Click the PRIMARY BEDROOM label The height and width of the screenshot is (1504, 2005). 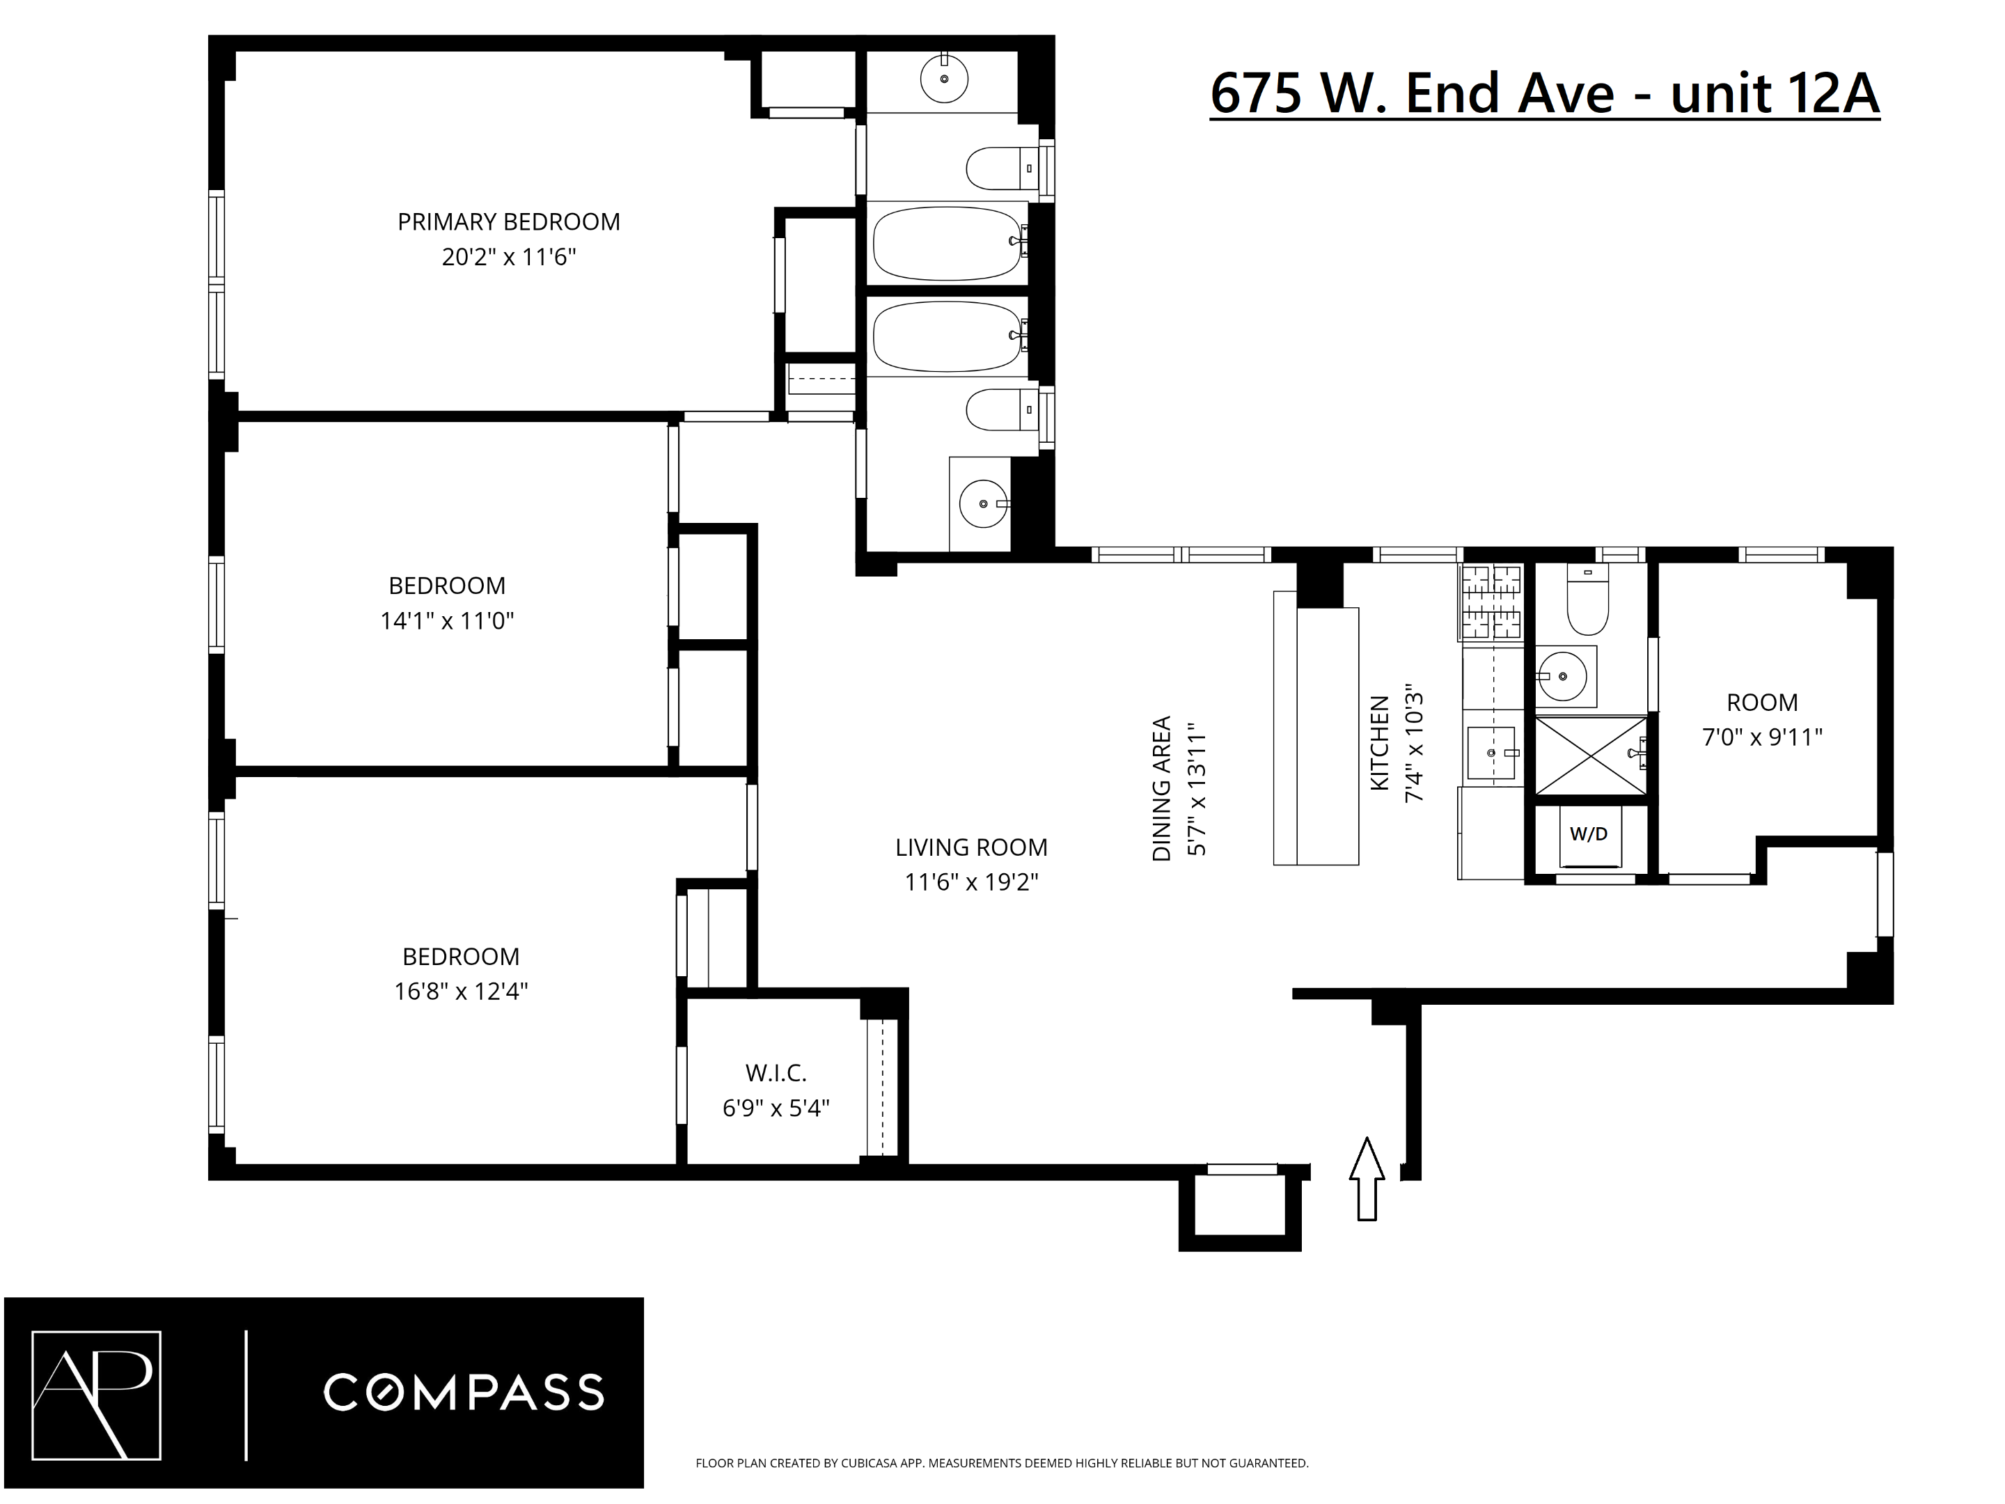tap(508, 222)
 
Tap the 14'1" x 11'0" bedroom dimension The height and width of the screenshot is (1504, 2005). tap(447, 621)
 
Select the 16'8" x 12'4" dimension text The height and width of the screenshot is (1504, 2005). tap(460, 992)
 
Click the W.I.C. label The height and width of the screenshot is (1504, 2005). tap(776, 1074)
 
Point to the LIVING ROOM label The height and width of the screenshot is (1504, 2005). tap(970, 847)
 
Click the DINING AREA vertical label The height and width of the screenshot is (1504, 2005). tap(1161, 789)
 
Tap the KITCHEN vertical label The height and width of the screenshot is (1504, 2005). tap(1378, 744)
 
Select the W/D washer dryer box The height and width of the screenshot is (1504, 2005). tap(1588, 835)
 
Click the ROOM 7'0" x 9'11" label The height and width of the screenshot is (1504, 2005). tap(1761, 703)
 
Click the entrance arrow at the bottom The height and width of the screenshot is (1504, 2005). tap(1367, 1179)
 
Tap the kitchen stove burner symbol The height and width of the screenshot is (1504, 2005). tap(1492, 600)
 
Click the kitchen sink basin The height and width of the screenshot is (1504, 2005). tap(1491, 753)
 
